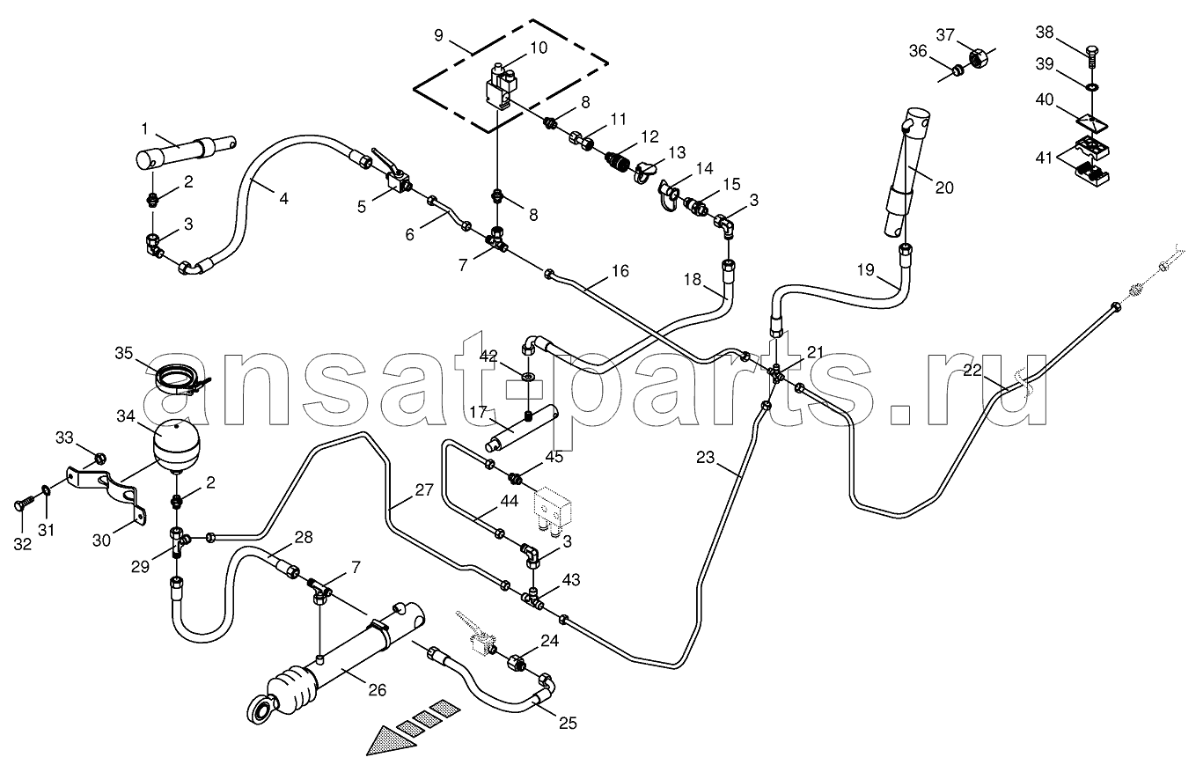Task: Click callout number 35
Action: coord(124,354)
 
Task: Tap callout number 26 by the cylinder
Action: coord(377,690)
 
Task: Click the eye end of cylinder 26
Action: coord(262,708)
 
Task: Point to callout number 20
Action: coord(944,187)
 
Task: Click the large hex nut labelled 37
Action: coord(977,58)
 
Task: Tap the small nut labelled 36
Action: coord(958,70)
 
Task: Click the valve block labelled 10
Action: coord(503,88)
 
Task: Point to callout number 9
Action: coord(438,36)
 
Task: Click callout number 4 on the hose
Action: coord(283,199)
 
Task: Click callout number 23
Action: coord(705,458)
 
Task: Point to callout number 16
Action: coord(620,270)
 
